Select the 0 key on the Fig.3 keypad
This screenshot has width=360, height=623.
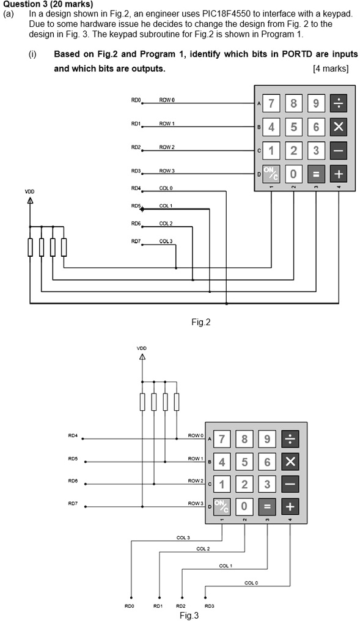[x=244, y=506]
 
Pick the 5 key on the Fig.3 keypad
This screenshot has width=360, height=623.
[x=244, y=461]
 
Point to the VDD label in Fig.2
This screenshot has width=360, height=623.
[x=29, y=191]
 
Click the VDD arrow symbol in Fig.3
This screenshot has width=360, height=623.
[x=142, y=356]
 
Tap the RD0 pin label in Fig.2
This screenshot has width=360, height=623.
[x=136, y=100]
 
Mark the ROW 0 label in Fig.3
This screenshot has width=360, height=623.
[x=196, y=435]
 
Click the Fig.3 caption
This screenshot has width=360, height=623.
[x=189, y=616]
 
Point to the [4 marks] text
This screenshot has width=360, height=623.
[x=330, y=68]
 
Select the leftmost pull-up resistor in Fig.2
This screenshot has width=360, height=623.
[x=30, y=248]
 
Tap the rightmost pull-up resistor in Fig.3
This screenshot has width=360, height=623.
[x=177, y=402]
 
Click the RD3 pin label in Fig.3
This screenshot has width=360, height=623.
[x=209, y=605]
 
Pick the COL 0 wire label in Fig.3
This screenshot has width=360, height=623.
[x=251, y=583]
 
